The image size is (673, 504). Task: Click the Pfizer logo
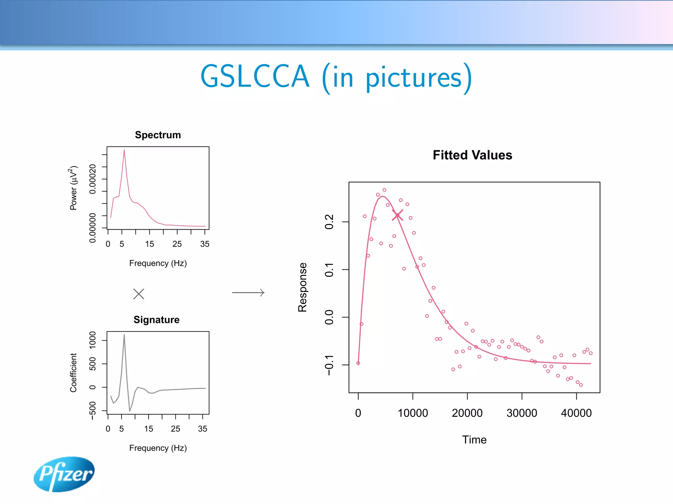click(64, 474)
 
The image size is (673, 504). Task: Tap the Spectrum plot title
click(158, 135)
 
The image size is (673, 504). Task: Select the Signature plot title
click(156, 320)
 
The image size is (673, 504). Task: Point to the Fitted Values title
click(472, 155)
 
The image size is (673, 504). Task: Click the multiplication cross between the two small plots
click(139, 294)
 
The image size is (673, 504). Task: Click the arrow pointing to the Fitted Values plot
click(248, 292)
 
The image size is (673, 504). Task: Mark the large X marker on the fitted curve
click(397, 215)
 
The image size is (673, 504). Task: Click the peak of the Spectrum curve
click(124, 150)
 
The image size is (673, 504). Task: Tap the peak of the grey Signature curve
click(124, 335)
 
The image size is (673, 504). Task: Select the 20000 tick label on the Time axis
click(467, 413)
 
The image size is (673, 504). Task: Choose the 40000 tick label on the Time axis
click(576, 413)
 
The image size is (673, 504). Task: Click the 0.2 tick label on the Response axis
click(329, 222)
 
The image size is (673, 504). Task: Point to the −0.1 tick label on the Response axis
click(329, 365)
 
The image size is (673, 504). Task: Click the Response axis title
click(302, 287)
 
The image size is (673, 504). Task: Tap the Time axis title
click(474, 440)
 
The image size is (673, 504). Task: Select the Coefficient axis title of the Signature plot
click(73, 372)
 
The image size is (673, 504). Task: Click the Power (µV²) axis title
click(73, 188)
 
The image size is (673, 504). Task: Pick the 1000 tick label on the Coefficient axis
click(93, 340)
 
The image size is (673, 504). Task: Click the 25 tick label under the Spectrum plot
click(177, 244)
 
